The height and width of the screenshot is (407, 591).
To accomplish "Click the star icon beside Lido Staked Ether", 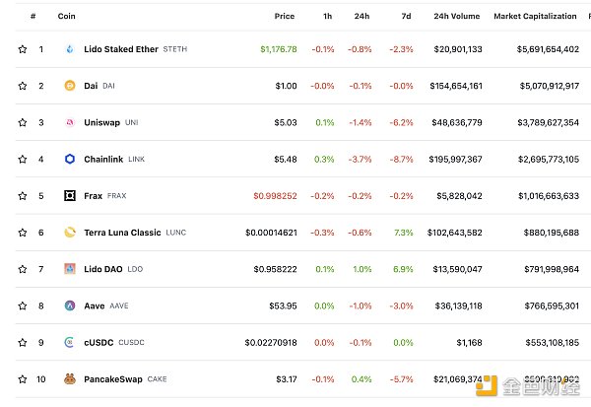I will click(x=23, y=49).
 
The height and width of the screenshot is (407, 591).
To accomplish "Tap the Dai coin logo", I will click(x=70, y=86).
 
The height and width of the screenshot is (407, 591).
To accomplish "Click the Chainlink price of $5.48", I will click(x=284, y=159).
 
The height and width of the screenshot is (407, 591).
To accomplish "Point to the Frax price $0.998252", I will click(x=275, y=195).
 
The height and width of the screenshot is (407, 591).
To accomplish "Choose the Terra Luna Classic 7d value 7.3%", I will click(x=403, y=233).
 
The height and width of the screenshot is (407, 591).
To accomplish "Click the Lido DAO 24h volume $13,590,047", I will click(x=458, y=269).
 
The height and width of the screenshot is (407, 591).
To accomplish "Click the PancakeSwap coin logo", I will click(x=70, y=378).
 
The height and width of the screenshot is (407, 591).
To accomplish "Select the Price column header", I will click(x=285, y=16).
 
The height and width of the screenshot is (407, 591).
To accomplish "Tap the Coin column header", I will click(x=67, y=16).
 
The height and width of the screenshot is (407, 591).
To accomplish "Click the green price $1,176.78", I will click(x=278, y=49).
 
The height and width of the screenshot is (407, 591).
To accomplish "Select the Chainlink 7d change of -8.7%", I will click(x=401, y=159).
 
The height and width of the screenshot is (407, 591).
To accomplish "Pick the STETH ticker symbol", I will click(x=174, y=49).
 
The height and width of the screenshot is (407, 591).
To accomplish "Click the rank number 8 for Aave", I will click(x=41, y=305).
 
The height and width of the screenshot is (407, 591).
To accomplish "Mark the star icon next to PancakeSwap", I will click(x=23, y=378).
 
